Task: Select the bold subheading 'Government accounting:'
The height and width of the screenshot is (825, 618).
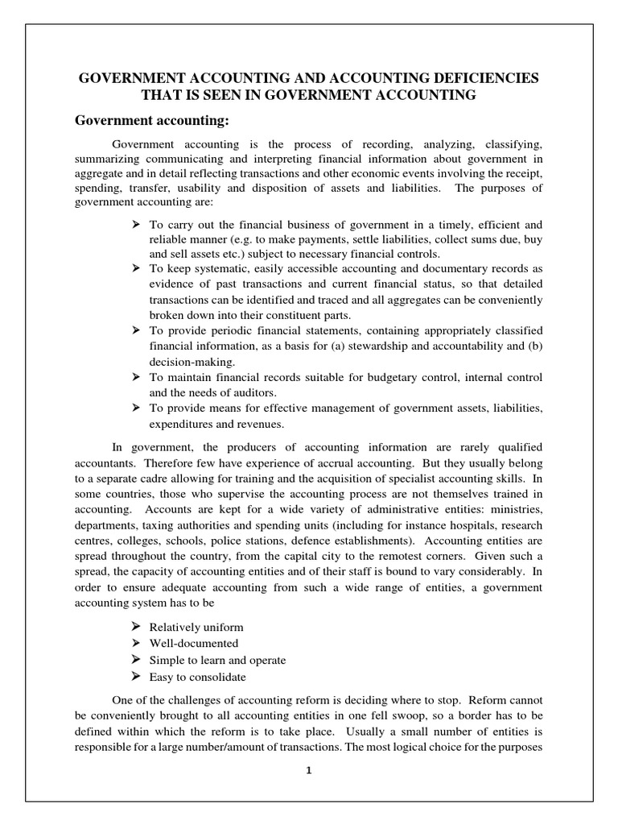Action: (152, 121)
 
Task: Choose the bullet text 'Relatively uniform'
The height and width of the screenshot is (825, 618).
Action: (196, 627)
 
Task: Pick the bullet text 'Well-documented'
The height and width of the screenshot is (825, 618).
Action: (193, 643)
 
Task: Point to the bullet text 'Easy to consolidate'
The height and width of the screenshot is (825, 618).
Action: (197, 677)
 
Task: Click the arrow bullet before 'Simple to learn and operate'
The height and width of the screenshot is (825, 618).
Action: (136, 660)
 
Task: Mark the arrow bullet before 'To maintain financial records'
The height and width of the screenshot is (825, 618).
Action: (136, 377)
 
